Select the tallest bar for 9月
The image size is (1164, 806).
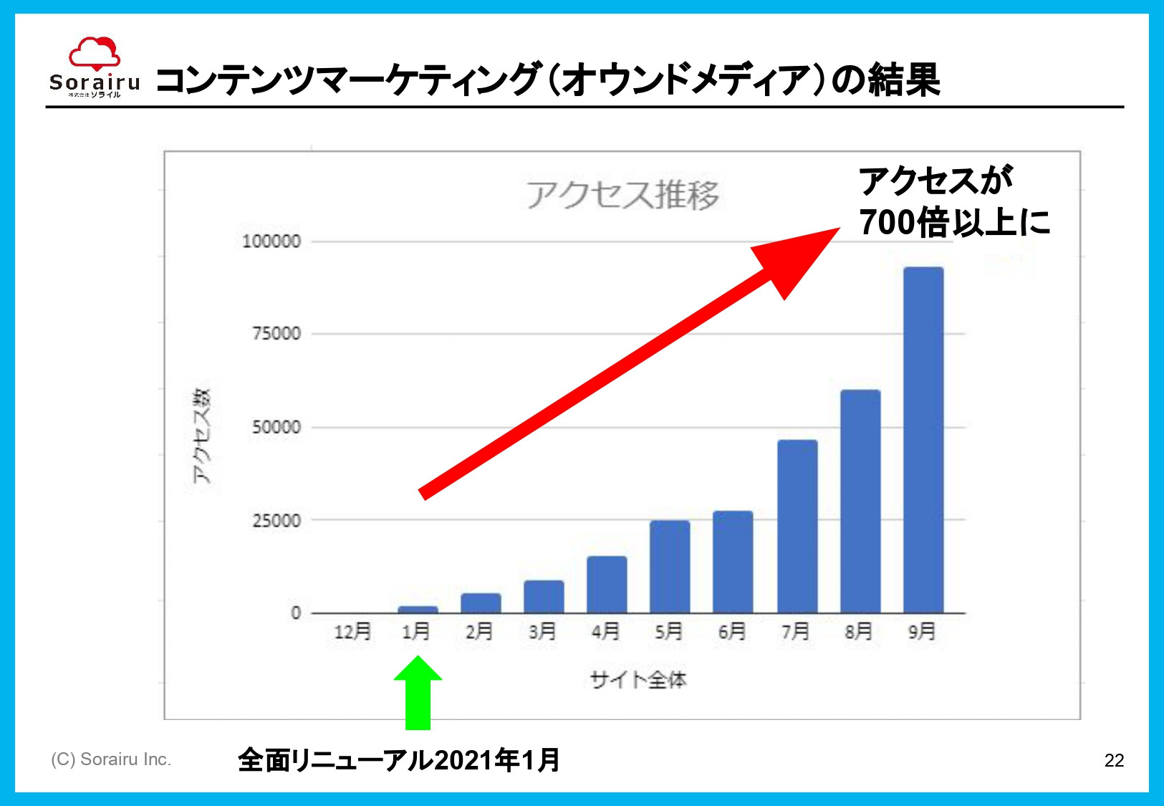point(923,440)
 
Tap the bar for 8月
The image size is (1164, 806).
point(860,502)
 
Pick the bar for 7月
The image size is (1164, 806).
point(797,527)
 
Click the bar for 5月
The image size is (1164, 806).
point(670,567)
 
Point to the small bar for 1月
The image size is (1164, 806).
point(418,610)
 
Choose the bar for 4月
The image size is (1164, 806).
point(607,585)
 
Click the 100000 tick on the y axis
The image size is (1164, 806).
point(271,241)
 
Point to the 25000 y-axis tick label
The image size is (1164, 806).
point(276,521)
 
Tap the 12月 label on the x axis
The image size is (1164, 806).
point(352,631)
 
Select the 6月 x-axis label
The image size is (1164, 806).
point(732,631)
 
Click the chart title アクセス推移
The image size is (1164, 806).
point(622,195)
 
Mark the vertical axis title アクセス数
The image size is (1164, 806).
point(202,436)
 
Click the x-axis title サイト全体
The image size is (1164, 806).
point(638,679)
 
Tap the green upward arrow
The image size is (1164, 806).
point(418,691)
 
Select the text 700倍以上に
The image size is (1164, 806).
point(954,222)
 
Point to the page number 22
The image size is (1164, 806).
point(1114,760)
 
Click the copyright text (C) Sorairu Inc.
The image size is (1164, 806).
point(111,759)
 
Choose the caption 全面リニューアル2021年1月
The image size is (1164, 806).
point(398,760)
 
